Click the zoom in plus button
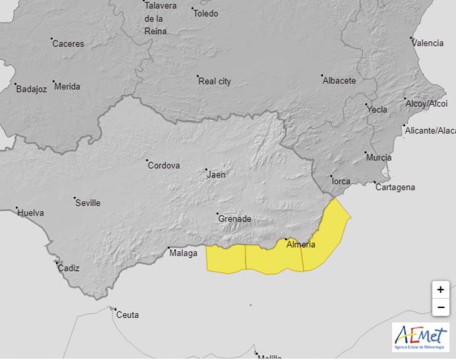point(440,290)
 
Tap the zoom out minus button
point(440,308)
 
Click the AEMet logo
point(420,337)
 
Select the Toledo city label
point(205,13)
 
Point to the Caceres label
point(68,43)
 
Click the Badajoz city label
point(31,89)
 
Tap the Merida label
point(67,87)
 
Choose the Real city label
point(214,82)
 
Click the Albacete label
point(339,80)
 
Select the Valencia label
point(427,43)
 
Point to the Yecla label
point(377,110)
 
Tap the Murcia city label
point(379,157)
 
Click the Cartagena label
point(396,187)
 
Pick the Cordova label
point(164,165)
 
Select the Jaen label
point(216,175)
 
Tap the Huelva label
point(31,213)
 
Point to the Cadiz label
point(68,268)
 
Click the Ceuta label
point(127,314)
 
